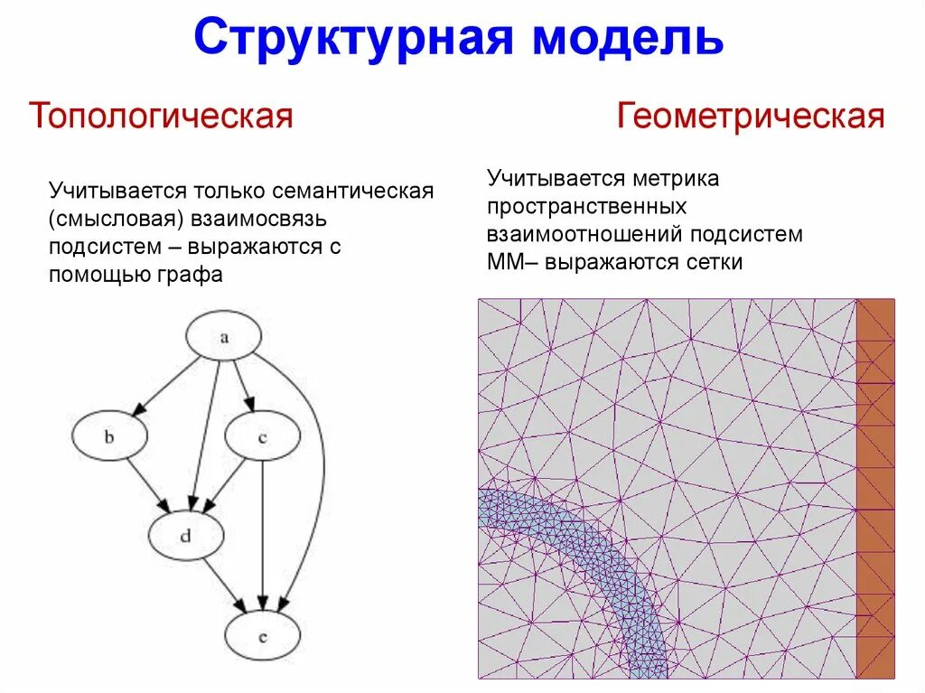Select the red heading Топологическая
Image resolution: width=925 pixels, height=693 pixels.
click(x=162, y=117)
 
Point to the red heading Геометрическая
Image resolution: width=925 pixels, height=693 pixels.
click(x=751, y=117)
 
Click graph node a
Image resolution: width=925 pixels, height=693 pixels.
click(x=223, y=337)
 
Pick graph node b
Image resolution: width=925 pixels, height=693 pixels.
click(x=108, y=438)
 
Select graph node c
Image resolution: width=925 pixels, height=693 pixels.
click(x=262, y=438)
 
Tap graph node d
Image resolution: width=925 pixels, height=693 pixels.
click(x=185, y=536)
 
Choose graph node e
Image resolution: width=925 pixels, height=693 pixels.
click(x=262, y=635)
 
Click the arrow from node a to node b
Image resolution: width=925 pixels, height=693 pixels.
click(x=167, y=384)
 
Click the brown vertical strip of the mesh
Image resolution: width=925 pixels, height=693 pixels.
click(x=875, y=488)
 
